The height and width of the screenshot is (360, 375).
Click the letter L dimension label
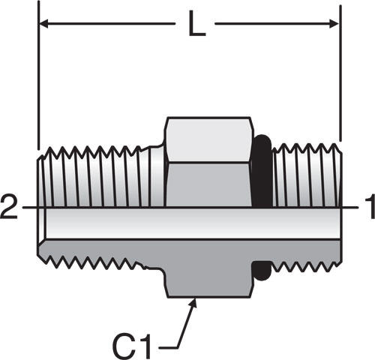196,24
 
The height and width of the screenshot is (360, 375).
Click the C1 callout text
132,346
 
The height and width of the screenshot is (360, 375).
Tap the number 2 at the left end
9,206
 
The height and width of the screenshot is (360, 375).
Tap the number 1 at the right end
370,207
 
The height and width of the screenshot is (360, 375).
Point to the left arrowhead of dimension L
43,24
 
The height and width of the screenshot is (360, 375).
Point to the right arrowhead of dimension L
334,24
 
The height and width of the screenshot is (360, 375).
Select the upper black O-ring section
262,171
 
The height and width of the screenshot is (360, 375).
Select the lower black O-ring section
261,271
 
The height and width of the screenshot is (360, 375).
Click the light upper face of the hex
208,139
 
